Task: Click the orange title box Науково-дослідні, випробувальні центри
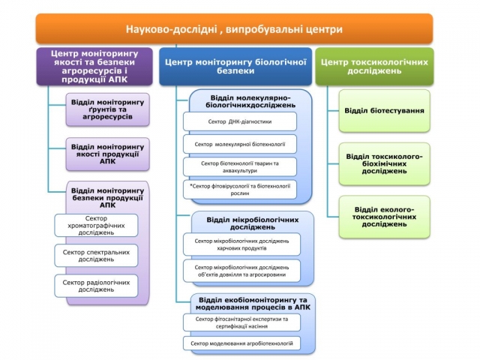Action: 234,29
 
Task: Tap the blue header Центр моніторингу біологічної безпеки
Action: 235,65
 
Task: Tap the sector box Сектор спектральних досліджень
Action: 96,255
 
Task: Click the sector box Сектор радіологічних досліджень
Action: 96,286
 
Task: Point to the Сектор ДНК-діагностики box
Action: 240,121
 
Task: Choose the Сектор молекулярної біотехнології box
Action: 240,143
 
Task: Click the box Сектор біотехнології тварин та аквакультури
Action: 240,166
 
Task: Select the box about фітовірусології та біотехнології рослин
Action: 240,188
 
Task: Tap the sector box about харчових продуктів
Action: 241,244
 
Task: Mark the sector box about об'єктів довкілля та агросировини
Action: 241,271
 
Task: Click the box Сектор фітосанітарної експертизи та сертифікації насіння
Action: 241,322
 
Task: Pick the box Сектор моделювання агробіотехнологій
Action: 241,343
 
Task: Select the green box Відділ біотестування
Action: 384,111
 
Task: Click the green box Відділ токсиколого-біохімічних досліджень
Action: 384,163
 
